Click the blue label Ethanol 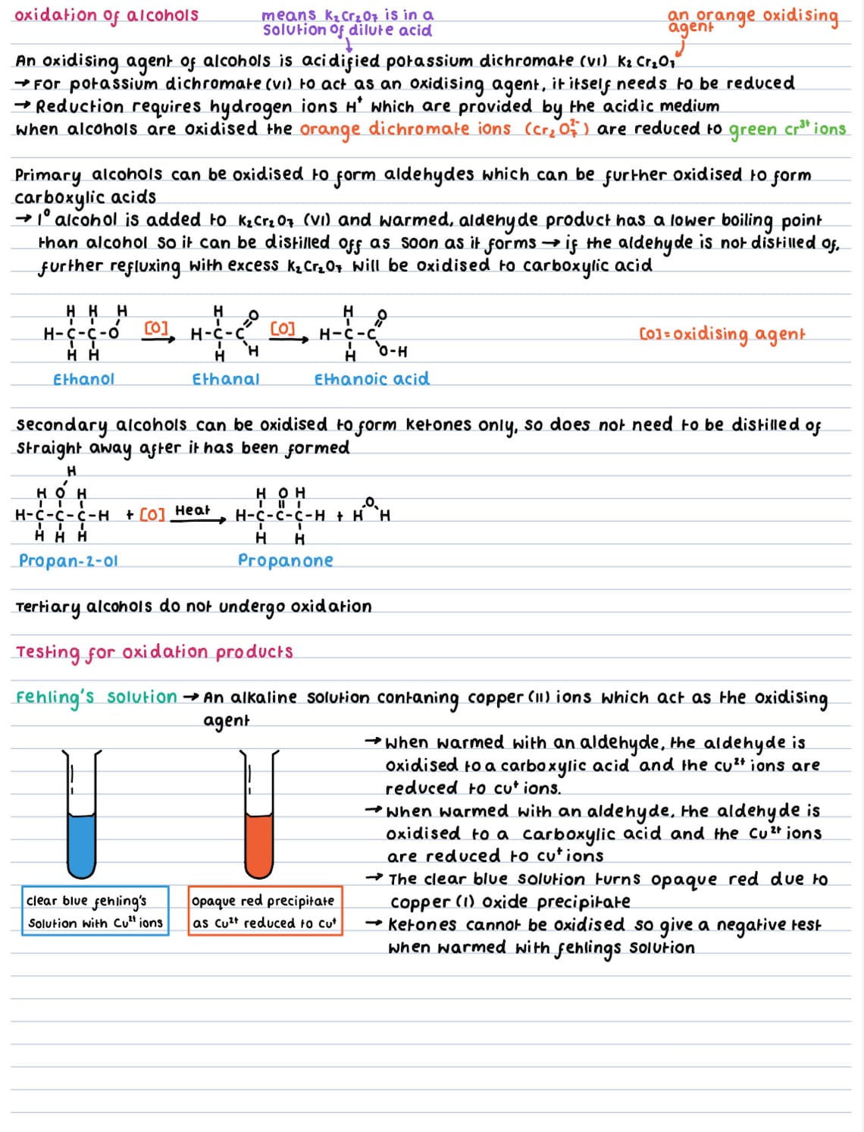coord(83,379)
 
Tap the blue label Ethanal coord(225,379)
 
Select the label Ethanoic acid coord(371,379)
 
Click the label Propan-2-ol coord(68,561)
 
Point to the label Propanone coord(285,560)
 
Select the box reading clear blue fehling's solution coord(95,911)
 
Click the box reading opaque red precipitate coord(265,911)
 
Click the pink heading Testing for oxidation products coord(154,652)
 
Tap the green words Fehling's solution coord(96,698)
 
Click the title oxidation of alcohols coord(106,15)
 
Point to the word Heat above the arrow coord(192,510)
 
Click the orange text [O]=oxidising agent coord(722,334)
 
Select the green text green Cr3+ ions coord(787,130)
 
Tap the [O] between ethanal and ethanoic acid coord(283,328)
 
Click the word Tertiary coord(47,607)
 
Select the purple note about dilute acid coord(347,23)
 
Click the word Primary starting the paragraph coord(48,175)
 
